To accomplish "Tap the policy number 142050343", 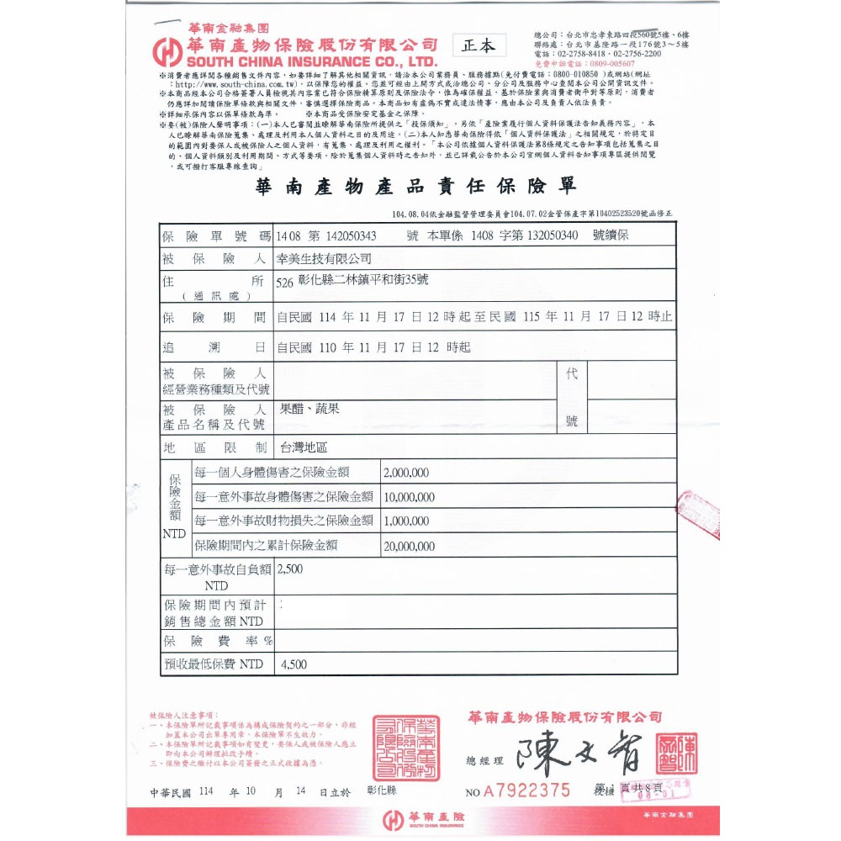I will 346,235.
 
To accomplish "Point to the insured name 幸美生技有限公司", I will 324,259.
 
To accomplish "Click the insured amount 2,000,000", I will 406,473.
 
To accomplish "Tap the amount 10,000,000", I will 409,497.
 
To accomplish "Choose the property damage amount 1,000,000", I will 406,521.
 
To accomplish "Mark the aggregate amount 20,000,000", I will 409,546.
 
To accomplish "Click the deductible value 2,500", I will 289,569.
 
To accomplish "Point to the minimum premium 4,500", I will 294,664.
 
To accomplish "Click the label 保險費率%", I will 217,641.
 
